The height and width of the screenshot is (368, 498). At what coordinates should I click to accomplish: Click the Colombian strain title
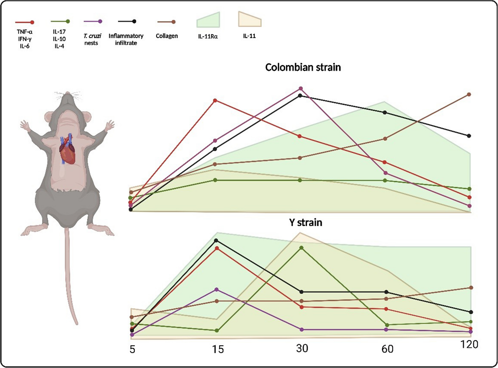click(303, 67)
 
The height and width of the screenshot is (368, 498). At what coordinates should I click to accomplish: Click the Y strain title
click(306, 222)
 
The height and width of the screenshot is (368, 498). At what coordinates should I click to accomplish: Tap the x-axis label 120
click(469, 345)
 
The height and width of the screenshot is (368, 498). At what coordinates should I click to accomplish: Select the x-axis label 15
click(218, 349)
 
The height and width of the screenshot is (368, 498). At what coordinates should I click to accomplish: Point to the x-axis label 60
click(387, 349)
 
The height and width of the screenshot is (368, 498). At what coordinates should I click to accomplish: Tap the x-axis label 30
click(302, 349)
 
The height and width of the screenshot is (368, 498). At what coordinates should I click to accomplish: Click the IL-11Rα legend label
click(208, 36)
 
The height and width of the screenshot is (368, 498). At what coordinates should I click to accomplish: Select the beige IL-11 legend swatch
click(250, 20)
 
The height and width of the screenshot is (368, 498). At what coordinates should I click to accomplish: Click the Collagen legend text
click(167, 36)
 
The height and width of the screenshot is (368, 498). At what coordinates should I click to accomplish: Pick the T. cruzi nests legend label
click(92, 39)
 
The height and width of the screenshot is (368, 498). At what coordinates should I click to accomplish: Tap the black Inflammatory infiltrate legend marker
click(134, 21)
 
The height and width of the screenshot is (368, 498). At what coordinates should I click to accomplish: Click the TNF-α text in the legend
click(25, 32)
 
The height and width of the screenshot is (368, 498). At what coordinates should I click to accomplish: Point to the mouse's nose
click(67, 93)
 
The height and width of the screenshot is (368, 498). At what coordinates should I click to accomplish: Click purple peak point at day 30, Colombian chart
click(301, 89)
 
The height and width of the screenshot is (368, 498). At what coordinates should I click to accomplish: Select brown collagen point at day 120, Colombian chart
click(469, 94)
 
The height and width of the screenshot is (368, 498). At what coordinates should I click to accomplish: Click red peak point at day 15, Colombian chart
click(215, 101)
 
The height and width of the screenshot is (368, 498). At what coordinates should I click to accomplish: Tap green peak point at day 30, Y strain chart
click(301, 248)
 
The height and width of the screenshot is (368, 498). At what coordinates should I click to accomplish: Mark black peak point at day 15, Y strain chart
click(216, 240)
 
